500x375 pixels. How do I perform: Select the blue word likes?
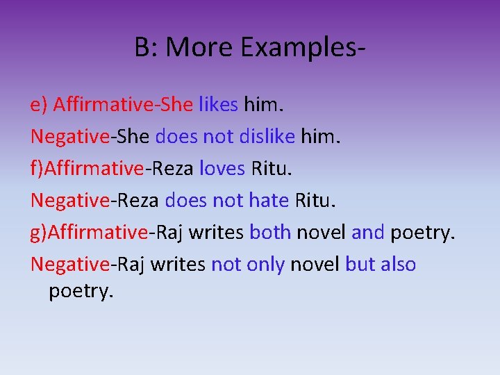tap(219, 105)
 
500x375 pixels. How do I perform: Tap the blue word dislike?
tap(267, 137)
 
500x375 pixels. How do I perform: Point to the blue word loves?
tap(222, 169)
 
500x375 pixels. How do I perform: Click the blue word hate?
tap(268, 201)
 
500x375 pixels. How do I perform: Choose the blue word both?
tap(270, 233)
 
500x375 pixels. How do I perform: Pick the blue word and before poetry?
tap(368, 233)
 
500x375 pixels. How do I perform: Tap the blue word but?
tap(358, 265)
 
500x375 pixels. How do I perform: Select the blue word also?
tap(397, 265)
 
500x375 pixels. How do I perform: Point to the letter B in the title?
tap(143, 48)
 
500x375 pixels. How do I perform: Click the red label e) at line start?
tap(39, 105)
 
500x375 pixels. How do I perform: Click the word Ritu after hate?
tap(314, 201)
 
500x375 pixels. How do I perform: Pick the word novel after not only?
tap(315, 265)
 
